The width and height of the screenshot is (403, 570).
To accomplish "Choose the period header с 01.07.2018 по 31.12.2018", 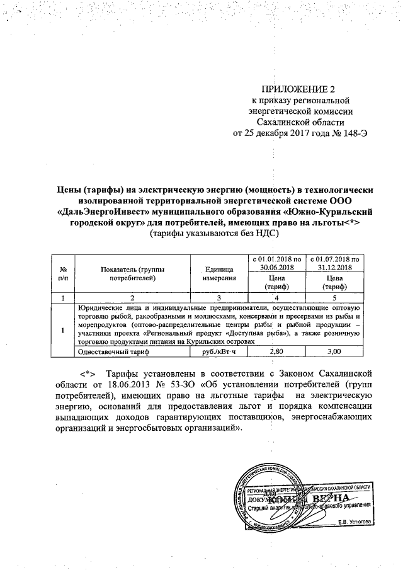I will click(x=331, y=263).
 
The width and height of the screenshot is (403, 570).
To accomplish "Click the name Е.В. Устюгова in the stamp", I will click(x=355, y=521).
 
